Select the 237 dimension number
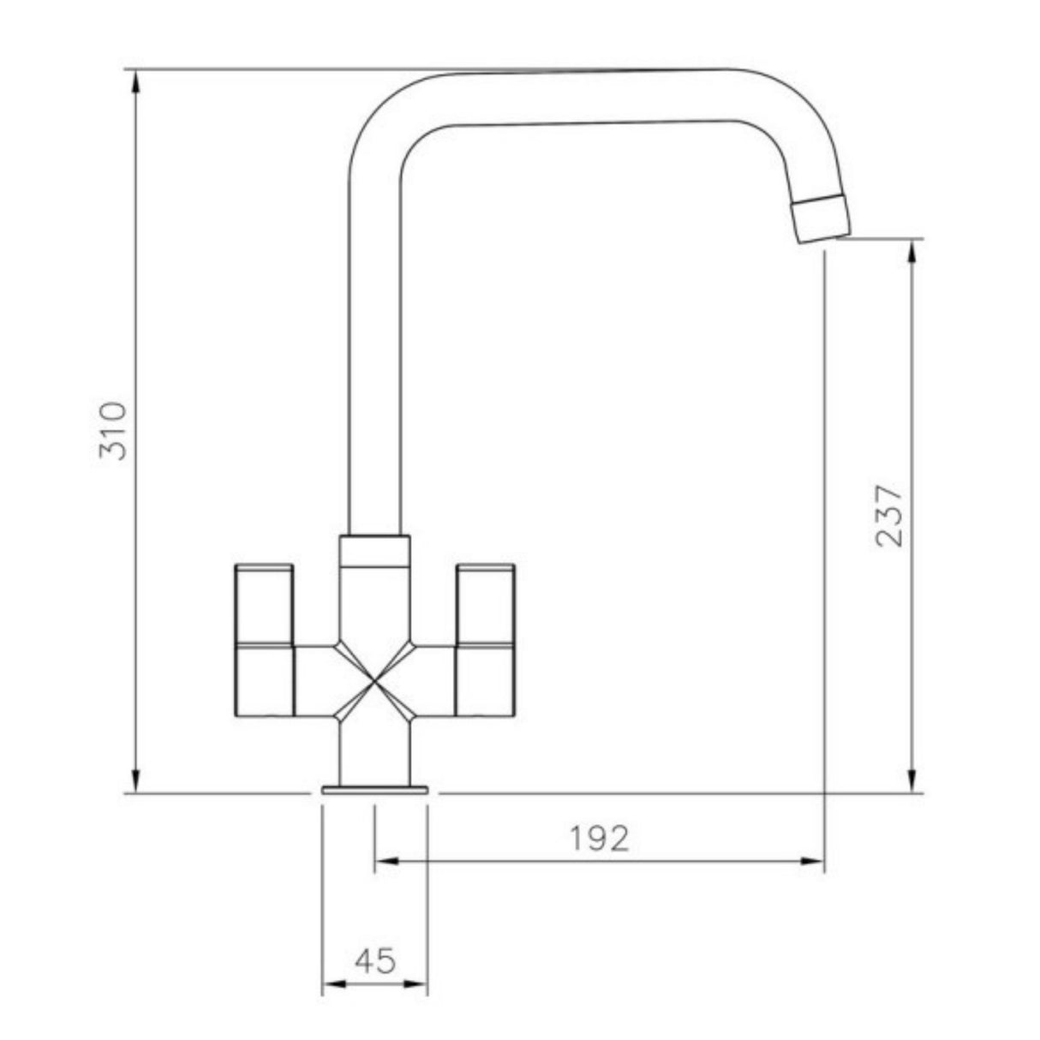pos(889,516)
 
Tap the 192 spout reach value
pos(600,839)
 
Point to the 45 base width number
pos(374,961)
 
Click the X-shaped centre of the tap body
pos(374,679)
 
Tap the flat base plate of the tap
pos(374,790)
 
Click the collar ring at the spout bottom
pos(374,550)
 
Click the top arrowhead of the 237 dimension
pos(913,249)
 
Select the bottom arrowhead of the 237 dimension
pos(913,783)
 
